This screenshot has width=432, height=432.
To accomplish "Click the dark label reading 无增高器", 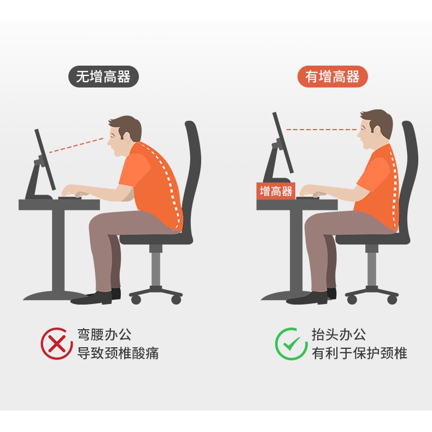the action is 103,77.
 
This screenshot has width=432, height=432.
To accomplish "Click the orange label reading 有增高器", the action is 332,77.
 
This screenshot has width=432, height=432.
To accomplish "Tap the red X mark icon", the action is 57,343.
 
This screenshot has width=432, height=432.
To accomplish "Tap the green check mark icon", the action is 291,343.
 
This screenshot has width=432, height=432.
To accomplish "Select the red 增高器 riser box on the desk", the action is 276,191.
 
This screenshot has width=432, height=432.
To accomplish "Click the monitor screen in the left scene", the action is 45,160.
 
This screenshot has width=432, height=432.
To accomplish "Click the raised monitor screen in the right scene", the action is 283,142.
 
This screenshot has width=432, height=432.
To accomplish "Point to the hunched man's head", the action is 125,136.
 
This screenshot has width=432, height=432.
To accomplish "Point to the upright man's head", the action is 375,129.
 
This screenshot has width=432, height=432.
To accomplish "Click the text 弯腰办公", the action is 104,335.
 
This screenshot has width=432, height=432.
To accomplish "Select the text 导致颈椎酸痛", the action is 118,353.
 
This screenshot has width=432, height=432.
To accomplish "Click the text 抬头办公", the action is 339,335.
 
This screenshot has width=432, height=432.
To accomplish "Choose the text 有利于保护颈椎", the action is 359,353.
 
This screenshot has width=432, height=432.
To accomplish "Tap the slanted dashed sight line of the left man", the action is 77,145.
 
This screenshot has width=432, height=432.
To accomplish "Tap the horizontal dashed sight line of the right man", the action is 322,129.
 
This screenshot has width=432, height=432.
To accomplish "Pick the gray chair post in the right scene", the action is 371,265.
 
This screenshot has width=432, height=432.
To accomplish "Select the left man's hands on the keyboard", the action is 72,191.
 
